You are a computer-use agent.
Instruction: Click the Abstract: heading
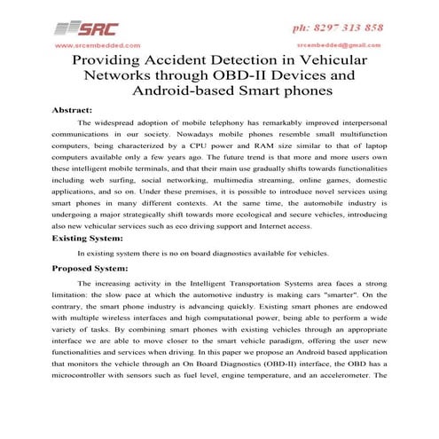pyautogui.click(x=74, y=109)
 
